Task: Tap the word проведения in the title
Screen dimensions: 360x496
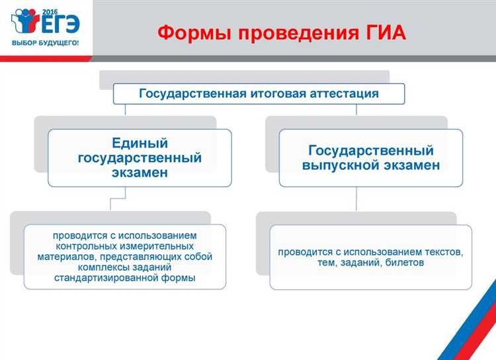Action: click(286, 32)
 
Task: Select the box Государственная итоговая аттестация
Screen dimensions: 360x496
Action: click(259, 93)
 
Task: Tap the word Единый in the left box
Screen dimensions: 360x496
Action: click(140, 143)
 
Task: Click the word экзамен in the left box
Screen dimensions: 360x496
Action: click(140, 172)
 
